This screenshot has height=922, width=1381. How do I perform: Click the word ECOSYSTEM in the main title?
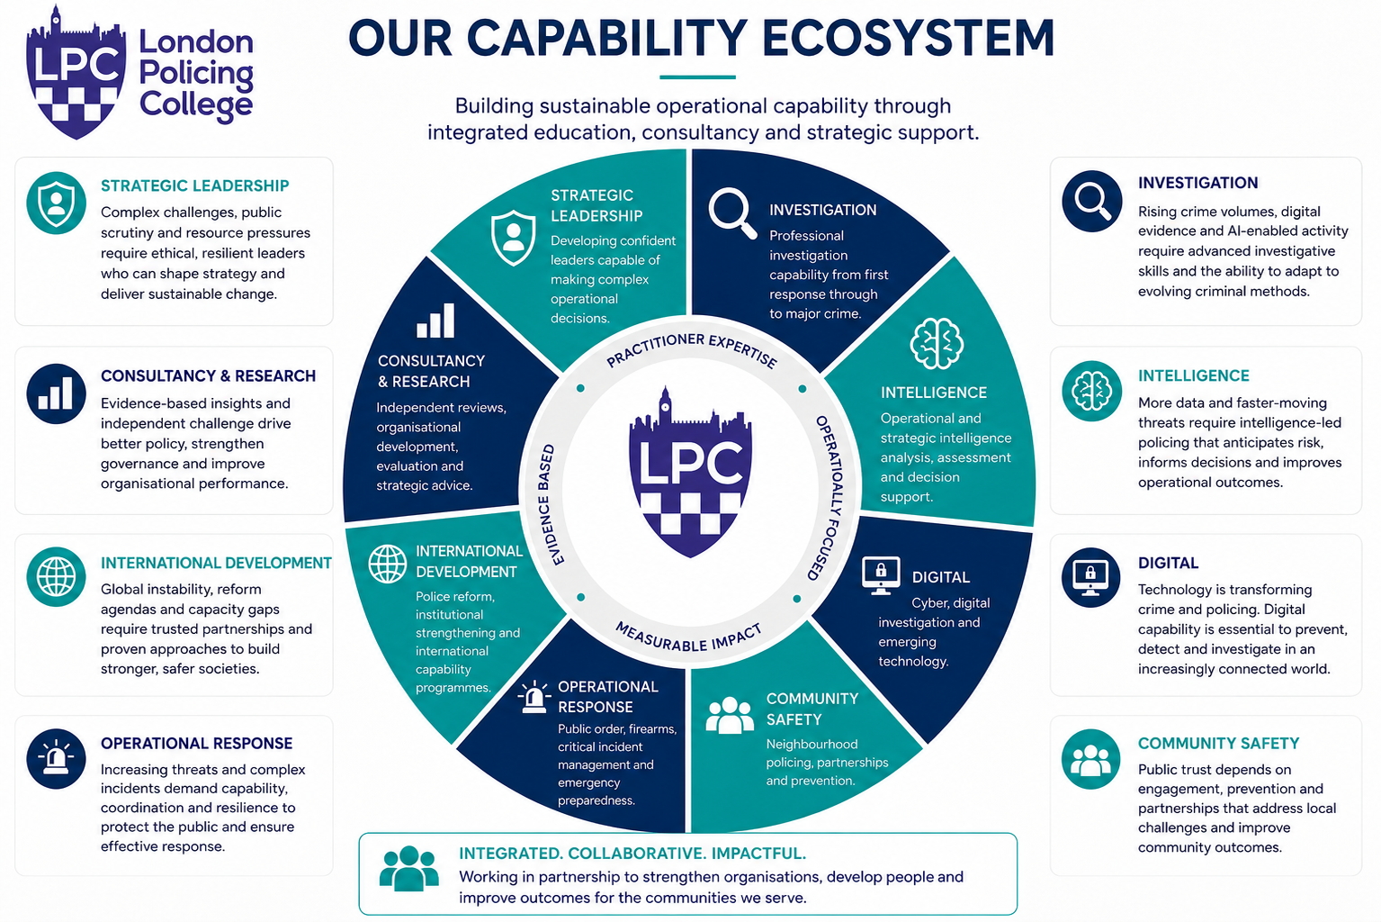point(908,38)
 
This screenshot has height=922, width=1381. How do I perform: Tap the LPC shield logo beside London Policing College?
point(76,73)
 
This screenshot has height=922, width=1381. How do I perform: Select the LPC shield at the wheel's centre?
point(690,473)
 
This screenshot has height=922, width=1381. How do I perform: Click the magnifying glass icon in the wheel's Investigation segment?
point(732,212)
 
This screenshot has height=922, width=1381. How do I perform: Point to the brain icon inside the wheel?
point(937,343)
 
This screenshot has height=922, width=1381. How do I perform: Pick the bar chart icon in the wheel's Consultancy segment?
point(435,321)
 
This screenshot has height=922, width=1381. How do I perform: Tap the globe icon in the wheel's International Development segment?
point(387,564)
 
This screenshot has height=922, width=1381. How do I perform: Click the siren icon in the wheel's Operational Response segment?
point(534,698)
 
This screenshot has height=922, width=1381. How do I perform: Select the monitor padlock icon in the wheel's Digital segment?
point(881,575)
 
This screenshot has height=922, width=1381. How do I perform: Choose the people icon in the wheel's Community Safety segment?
point(730,715)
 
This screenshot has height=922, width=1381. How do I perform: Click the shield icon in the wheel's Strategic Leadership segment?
point(513,238)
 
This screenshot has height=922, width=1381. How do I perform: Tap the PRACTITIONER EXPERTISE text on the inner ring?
point(691,348)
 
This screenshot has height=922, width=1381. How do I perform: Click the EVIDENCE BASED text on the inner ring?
point(544,504)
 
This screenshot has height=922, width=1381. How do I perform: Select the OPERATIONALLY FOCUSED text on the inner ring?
point(830,497)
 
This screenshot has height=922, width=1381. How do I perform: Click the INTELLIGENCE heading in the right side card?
point(1193,375)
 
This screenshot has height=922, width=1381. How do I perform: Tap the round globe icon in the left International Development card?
point(56,576)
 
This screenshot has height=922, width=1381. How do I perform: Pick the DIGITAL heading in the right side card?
point(1168,563)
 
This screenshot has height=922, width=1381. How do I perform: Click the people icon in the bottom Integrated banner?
point(408,868)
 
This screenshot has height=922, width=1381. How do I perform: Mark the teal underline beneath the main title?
point(697,77)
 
